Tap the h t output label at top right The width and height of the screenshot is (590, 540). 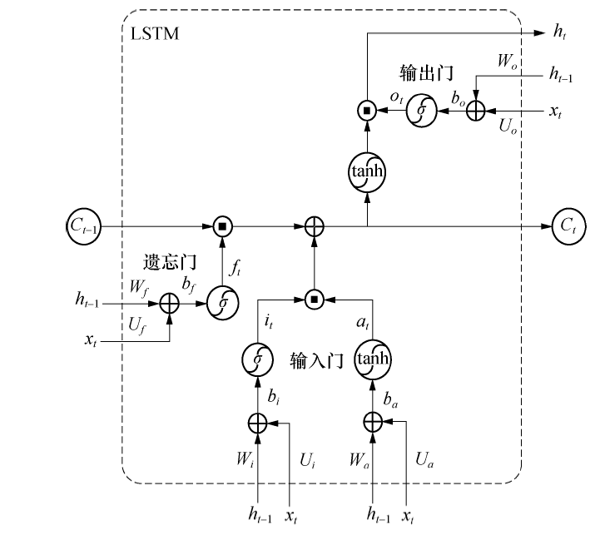click(560, 32)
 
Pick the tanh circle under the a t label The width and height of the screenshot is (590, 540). click(372, 359)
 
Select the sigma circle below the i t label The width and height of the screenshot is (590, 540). click(258, 359)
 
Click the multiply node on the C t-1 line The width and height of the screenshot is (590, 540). click(222, 225)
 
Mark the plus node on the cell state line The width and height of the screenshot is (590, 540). click(314, 225)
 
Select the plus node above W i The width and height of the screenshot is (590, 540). click(258, 423)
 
